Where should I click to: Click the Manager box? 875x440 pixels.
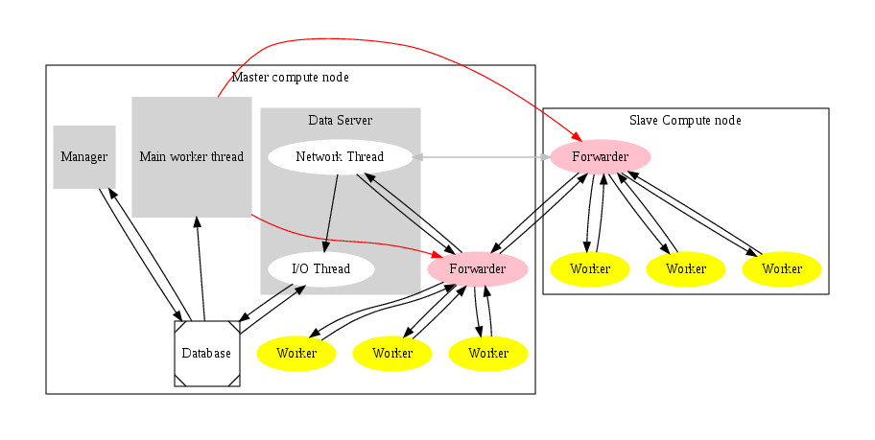(x=84, y=157)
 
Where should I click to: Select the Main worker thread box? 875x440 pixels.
(x=192, y=156)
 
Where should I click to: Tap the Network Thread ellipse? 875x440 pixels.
(x=340, y=157)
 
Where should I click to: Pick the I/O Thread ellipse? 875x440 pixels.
(x=320, y=269)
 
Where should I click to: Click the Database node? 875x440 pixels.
(x=206, y=354)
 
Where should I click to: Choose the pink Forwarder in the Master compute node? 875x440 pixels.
(x=477, y=269)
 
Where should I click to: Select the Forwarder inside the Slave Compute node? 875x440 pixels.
(x=601, y=156)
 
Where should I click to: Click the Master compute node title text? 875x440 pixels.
(x=291, y=77)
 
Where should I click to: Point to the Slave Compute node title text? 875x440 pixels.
(x=685, y=120)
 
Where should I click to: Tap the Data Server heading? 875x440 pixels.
(x=341, y=120)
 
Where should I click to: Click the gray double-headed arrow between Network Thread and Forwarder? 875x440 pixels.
(x=480, y=156)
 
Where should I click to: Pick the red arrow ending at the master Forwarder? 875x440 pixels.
(x=345, y=241)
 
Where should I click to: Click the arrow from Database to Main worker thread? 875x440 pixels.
(x=200, y=268)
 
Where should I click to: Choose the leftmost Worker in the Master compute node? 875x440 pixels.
(x=296, y=354)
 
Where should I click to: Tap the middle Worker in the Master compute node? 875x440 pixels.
(x=392, y=354)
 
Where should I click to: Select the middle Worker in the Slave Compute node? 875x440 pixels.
(x=686, y=269)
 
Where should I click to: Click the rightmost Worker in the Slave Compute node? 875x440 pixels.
(x=782, y=269)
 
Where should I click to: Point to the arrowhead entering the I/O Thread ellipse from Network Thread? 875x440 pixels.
(x=326, y=247)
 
